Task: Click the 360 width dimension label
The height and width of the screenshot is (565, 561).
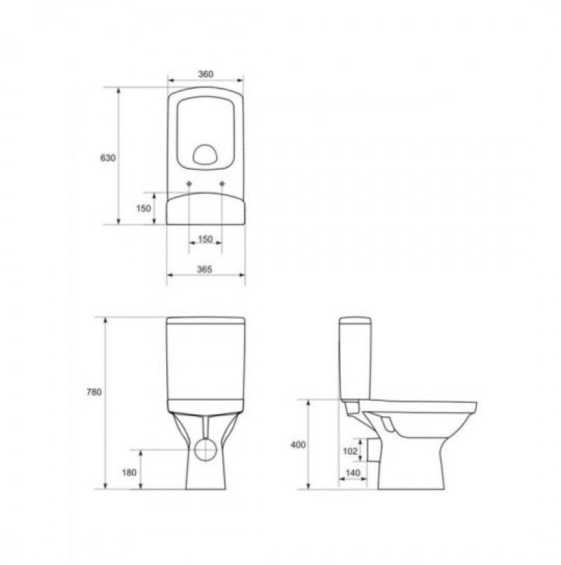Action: click(205, 74)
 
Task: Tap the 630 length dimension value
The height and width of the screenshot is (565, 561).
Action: click(108, 158)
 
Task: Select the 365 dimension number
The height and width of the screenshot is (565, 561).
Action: click(205, 270)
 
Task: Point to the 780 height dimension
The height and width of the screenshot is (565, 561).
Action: click(94, 392)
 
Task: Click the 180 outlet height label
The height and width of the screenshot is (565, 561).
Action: click(129, 472)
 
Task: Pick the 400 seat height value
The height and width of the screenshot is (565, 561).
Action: click(298, 445)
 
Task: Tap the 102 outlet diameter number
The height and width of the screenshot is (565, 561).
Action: click(351, 451)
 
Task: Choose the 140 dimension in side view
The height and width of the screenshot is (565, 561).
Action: click(353, 472)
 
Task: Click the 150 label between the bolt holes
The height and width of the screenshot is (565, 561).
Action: click(205, 239)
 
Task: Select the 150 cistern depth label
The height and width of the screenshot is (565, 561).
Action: click(144, 208)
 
